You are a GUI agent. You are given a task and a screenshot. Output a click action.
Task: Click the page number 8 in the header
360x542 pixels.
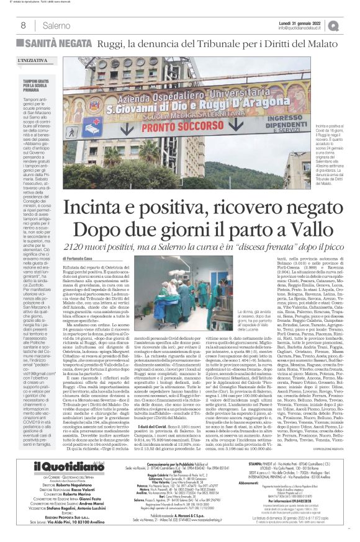pyautogui.click(x=22, y=25)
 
